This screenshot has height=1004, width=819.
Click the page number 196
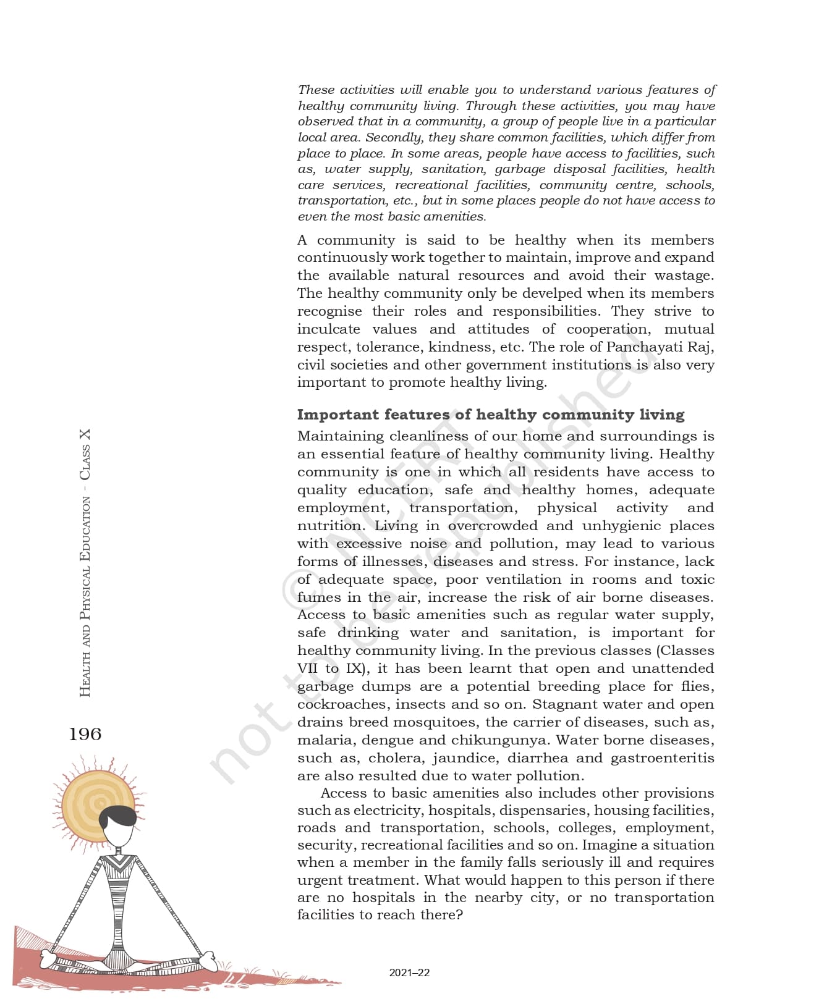(x=85, y=734)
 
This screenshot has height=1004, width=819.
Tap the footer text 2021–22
(x=409, y=972)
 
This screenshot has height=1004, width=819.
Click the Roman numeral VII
(x=308, y=668)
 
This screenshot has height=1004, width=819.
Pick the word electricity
(x=388, y=810)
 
